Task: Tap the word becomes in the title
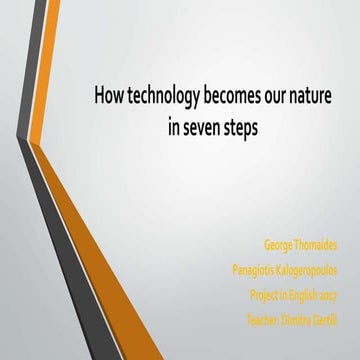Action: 232,98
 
